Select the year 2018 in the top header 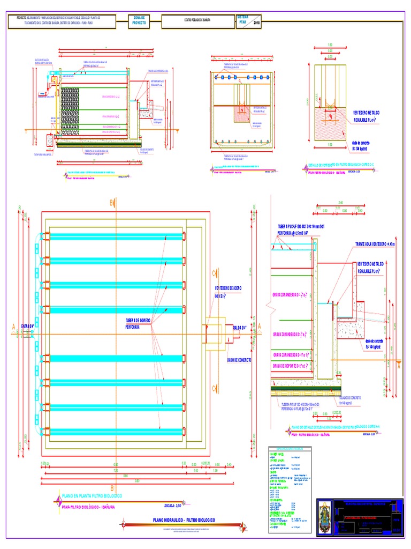(x=256, y=24)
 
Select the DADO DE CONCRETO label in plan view (x=239, y=360)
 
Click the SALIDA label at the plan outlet (x=240, y=327)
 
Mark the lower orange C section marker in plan (x=214, y=388)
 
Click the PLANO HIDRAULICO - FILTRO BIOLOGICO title (x=184, y=520)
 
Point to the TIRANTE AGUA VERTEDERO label (x=375, y=244)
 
